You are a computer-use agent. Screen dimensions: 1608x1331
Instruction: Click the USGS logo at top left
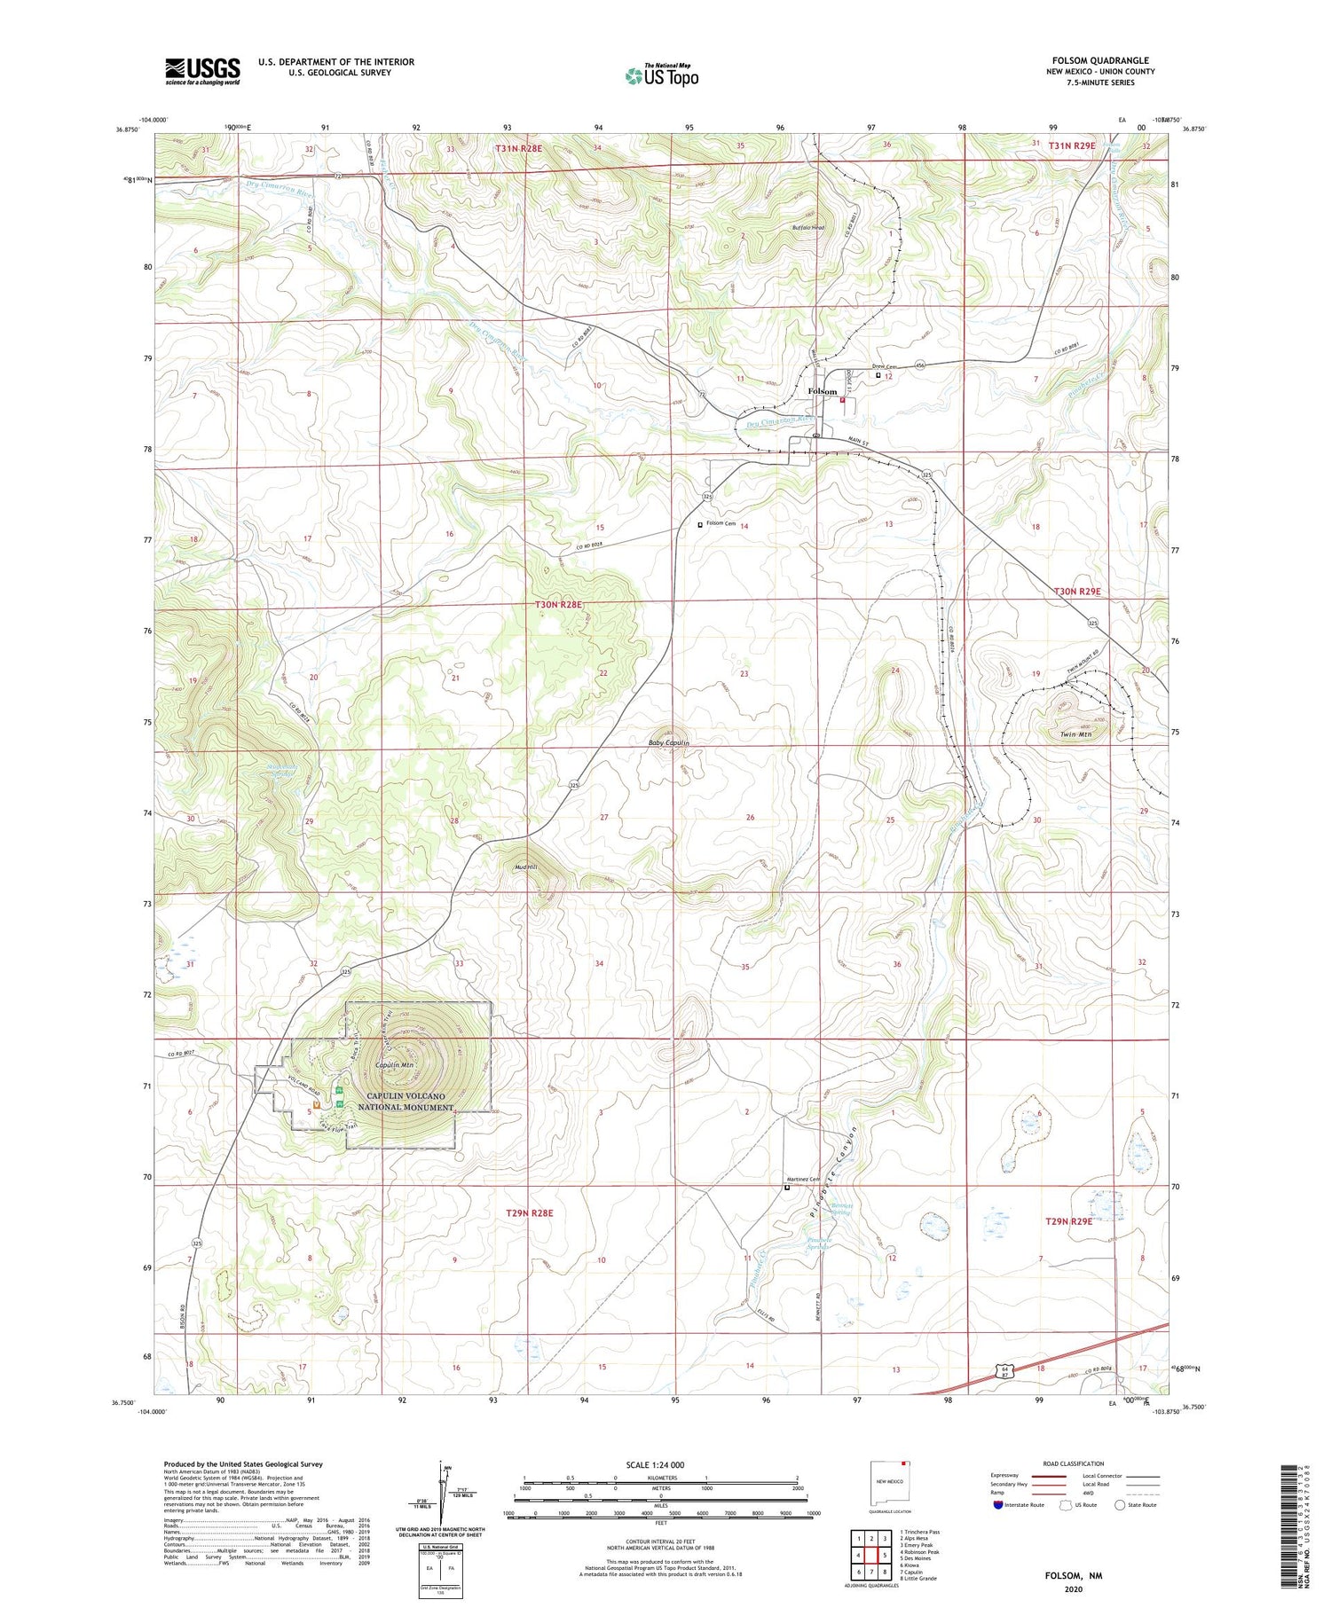tap(202, 71)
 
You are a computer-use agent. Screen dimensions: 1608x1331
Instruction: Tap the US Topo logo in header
tap(661, 76)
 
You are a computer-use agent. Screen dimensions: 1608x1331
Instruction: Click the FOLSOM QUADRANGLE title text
tap(1099, 60)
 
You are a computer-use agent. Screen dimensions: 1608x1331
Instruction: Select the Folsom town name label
tap(822, 391)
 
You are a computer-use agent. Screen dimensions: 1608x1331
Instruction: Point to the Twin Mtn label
tap(1075, 734)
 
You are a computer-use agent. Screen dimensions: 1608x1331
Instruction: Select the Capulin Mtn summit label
tap(396, 1065)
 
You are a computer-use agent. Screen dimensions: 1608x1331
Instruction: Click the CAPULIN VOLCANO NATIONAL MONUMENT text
tap(406, 1102)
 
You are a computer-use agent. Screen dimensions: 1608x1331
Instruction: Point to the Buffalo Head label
tap(808, 228)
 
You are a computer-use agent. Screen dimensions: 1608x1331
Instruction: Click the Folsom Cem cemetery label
tap(721, 523)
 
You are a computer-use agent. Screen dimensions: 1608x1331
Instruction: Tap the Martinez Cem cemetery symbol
tap(786, 1187)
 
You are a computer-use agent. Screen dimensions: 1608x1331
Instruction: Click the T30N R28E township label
tap(559, 605)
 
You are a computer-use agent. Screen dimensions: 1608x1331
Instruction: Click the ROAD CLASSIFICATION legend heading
tap(1074, 1463)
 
